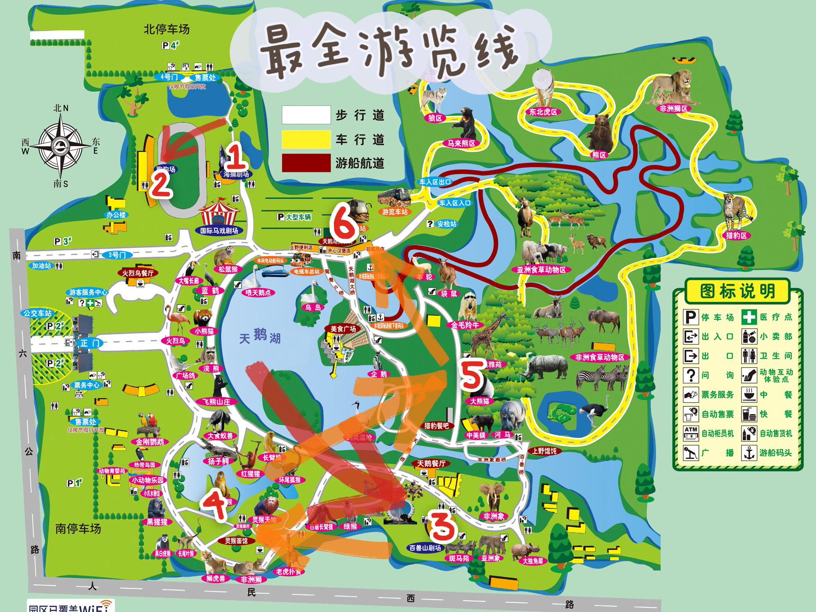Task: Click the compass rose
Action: point(60,145)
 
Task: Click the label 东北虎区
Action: point(543,112)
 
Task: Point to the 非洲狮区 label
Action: point(673,108)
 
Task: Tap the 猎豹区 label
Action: point(736,235)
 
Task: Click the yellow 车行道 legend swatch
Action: point(306,139)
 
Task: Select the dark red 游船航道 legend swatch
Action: point(306,163)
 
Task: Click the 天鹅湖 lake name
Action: point(260,337)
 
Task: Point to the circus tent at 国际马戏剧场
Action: point(218,212)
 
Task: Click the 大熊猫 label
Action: point(480,401)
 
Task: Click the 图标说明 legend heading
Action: point(737,291)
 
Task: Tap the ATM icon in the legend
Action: point(691,433)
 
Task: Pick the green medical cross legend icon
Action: point(749,317)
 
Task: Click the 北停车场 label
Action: point(167,29)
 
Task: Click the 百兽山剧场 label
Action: point(425,548)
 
